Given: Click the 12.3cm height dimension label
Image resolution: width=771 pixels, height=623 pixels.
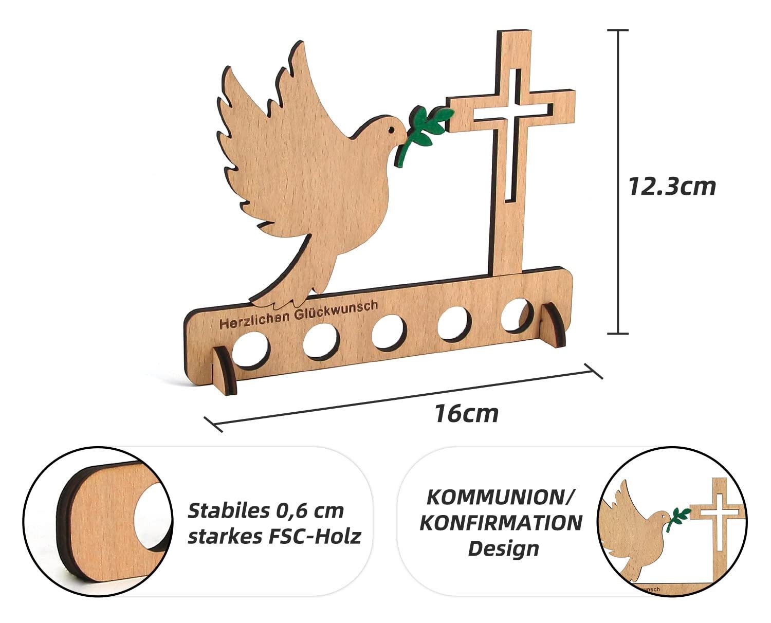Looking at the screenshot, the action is click(x=672, y=186).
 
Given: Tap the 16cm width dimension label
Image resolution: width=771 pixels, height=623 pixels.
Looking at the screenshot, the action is click(x=466, y=414).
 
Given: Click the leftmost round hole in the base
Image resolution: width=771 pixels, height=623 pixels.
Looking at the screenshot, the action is click(x=251, y=351).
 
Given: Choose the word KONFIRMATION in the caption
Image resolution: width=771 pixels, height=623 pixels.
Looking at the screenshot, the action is click(x=501, y=522).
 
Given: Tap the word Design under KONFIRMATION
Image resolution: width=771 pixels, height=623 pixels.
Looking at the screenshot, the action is click(x=503, y=548).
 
